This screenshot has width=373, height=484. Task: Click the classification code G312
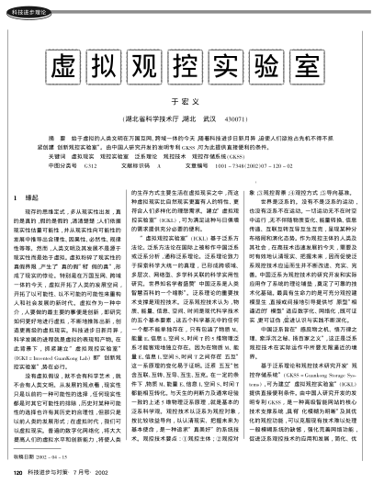click(88, 166)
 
